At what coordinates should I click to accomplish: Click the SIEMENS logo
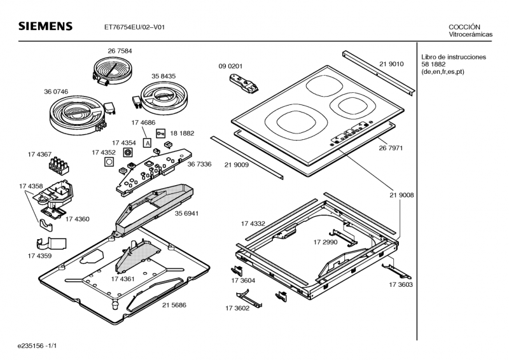click(x=45, y=27)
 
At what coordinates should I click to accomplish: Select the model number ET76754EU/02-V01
click(x=136, y=27)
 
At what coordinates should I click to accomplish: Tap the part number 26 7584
click(x=120, y=50)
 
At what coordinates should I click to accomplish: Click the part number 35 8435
click(x=164, y=76)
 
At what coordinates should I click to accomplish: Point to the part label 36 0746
click(x=56, y=92)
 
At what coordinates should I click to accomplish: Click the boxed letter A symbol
click(x=147, y=144)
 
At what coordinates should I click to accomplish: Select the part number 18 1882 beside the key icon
click(x=182, y=134)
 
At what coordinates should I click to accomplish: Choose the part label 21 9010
click(x=391, y=64)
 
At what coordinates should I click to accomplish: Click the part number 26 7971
click(x=391, y=148)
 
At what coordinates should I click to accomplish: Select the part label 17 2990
click(x=325, y=243)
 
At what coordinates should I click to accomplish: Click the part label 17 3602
click(x=237, y=308)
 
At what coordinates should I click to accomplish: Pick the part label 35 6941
click(x=187, y=213)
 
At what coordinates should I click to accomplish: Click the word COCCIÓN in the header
click(x=464, y=27)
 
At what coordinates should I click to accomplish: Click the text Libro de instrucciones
click(x=454, y=57)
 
